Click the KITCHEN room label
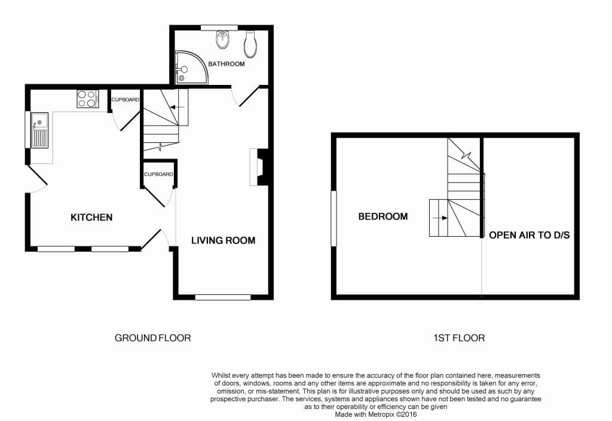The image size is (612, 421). pyautogui.click(x=91, y=217)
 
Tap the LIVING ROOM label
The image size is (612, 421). pyautogui.click(x=224, y=240)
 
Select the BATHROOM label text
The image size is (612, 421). pyautogui.click(x=227, y=63)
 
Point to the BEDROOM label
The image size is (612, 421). pyautogui.click(x=383, y=216)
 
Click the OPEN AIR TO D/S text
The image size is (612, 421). pyautogui.click(x=530, y=235)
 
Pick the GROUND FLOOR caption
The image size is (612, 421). pyautogui.click(x=152, y=338)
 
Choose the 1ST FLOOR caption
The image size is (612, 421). pyautogui.click(x=459, y=338)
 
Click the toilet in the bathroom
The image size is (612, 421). pyautogui.click(x=250, y=44)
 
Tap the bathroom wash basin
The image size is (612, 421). pyautogui.click(x=223, y=40)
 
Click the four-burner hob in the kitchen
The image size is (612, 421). pyautogui.click(x=88, y=99)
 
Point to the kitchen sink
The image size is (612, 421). pyautogui.click(x=40, y=130)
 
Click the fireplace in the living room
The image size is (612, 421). pyautogui.click(x=258, y=167)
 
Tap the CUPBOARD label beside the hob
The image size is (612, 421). pyautogui.click(x=126, y=100)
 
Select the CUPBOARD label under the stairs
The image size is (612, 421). pyautogui.click(x=158, y=174)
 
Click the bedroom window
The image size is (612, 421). pyautogui.click(x=333, y=218)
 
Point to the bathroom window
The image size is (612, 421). pyautogui.click(x=219, y=28)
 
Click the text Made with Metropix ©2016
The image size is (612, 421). pyautogui.click(x=376, y=414)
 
